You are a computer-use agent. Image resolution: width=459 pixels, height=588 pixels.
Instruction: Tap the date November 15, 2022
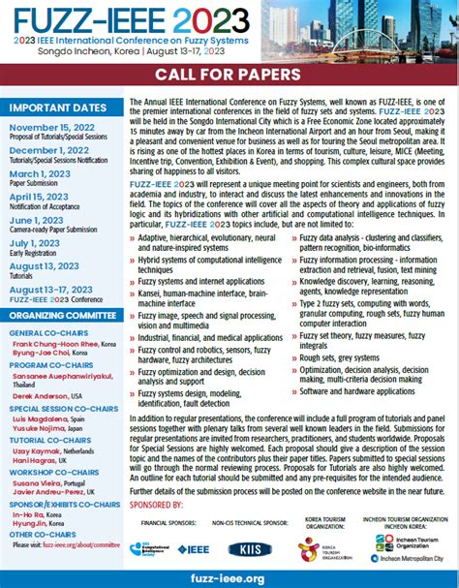51,126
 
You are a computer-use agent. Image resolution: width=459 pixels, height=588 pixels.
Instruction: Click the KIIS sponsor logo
249,549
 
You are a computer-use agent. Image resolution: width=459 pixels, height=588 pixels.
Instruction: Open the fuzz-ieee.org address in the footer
229,577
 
